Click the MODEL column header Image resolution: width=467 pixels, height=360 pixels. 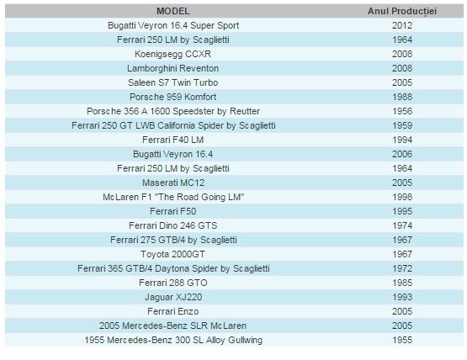[x=173, y=11]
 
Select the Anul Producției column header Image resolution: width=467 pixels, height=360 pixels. [x=402, y=11]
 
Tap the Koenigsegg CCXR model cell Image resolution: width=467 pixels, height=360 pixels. [x=173, y=54]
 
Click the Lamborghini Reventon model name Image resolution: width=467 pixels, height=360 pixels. [x=173, y=68]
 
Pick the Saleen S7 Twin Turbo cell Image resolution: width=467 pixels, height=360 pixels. [x=173, y=82]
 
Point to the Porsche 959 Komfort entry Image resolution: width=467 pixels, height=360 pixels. [x=173, y=97]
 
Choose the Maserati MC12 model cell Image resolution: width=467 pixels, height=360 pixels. [x=173, y=183]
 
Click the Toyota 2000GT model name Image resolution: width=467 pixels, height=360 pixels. [x=173, y=254]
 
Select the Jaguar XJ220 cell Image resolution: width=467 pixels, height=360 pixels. [x=173, y=297]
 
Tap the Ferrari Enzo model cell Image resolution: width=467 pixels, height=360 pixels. [x=173, y=311]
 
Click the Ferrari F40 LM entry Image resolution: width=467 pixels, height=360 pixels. [x=173, y=140]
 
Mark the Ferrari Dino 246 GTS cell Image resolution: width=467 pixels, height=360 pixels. [x=173, y=225]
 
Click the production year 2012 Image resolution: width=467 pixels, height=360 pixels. [x=402, y=25]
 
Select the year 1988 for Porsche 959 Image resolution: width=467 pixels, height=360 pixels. [x=402, y=97]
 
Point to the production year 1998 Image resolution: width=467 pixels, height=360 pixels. [x=402, y=197]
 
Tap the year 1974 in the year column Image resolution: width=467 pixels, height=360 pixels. [x=402, y=225]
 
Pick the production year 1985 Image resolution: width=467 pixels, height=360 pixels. [x=402, y=283]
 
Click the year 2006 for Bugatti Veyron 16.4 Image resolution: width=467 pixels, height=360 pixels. [x=402, y=154]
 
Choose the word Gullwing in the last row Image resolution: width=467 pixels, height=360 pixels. [x=246, y=341]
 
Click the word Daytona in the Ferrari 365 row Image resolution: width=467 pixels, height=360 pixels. [x=172, y=268]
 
